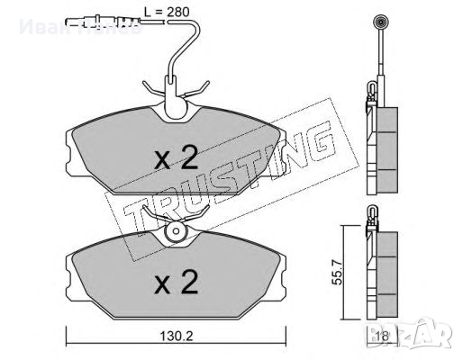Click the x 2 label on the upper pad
pos(176,159)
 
